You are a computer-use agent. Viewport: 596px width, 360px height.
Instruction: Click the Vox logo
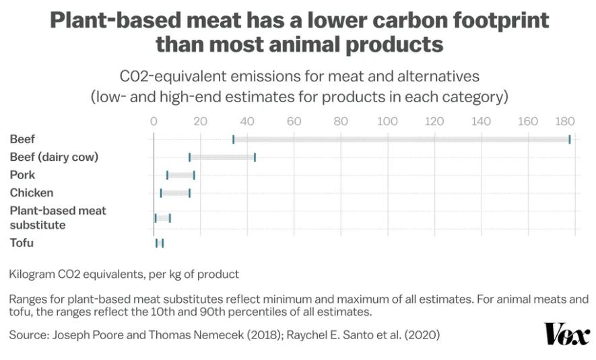tap(567, 334)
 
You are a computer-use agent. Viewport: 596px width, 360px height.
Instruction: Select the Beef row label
tap(22, 139)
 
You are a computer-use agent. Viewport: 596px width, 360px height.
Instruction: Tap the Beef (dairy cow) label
tap(54, 157)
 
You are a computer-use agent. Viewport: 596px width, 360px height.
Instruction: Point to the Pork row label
tap(22, 175)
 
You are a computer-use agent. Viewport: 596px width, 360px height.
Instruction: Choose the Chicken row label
tap(31, 192)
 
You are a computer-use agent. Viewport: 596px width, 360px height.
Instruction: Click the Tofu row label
tap(21, 243)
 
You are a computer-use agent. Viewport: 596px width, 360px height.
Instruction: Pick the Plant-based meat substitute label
tap(57, 217)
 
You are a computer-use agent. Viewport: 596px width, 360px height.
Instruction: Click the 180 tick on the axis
tap(564, 122)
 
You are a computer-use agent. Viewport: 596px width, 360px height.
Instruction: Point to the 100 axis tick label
tap(387, 122)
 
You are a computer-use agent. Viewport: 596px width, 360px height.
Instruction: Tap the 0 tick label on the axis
tap(154, 122)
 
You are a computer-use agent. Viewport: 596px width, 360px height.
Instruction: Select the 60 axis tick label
tap(294, 122)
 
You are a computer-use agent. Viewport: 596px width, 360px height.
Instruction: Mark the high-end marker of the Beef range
tap(570, 139)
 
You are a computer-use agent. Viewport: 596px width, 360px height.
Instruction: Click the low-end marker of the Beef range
tap(233, 139)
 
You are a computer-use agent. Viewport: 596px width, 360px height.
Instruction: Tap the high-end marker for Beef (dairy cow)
tap(255, 157)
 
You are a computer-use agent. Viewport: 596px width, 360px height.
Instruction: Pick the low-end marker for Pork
tap(167, 175)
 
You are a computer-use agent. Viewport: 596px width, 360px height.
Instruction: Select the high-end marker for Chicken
tap(189, 193)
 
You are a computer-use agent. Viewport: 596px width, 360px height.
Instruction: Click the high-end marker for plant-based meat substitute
tap(170, 218)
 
